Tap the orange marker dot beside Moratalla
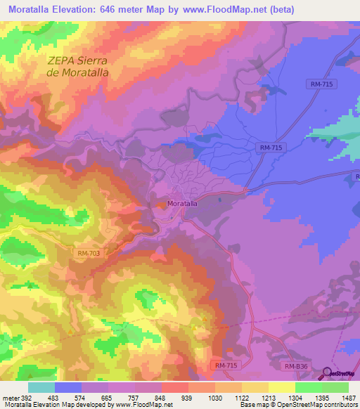click(x=162, y=204)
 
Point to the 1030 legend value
click(x=214, y=398)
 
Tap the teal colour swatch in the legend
click(x=41, y=387)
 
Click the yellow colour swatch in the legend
click(x=281, y=387)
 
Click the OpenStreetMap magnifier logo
click(x=327, y=374)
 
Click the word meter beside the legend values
click(x=11, y=398)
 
